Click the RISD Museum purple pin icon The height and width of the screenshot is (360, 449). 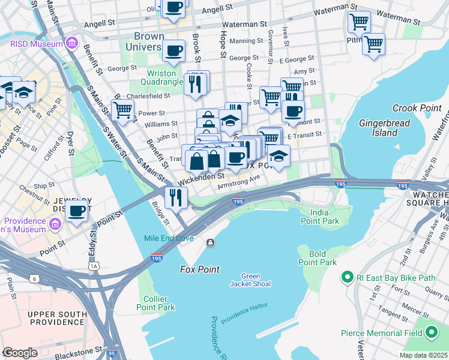[72, 43]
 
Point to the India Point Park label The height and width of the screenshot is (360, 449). [324, 217]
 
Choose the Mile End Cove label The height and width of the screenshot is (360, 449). [169, 238]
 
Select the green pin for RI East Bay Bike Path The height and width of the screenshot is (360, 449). [346, 277]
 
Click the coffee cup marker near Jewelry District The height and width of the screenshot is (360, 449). [77, 211]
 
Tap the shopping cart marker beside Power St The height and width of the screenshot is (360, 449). [122, 110]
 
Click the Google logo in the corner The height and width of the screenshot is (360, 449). [20, 353]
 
